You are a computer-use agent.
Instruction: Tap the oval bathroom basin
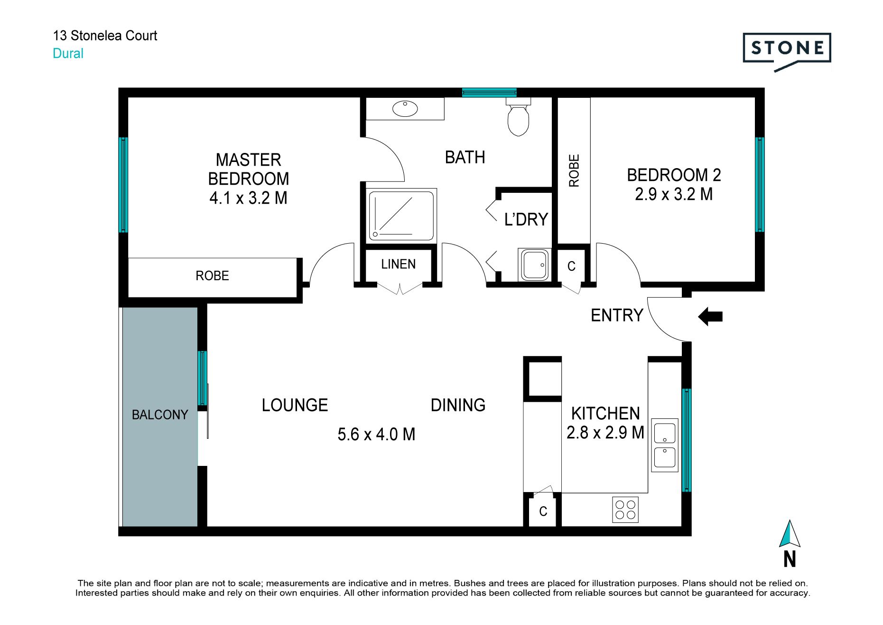(405, 109)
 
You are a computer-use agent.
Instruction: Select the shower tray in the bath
(401, 215)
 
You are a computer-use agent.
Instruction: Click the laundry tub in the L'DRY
(535, 264)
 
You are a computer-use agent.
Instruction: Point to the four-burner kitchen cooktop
(625, 510)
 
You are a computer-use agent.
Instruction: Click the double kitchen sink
(665, 445)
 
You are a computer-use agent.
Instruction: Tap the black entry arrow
(710, 316)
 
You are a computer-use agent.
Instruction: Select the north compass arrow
(790, 533)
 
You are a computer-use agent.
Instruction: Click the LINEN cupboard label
(398, 264)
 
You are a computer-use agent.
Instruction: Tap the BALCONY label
(160, 415)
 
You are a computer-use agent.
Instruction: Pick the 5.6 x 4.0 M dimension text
(376, 434)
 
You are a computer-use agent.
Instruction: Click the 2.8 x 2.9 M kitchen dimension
(605, 432)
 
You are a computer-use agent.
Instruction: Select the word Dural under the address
(68, 53)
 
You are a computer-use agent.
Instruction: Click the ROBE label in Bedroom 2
(574, 170)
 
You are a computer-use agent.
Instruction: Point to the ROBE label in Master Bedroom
(212, 275)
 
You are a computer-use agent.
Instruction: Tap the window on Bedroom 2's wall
(760, 184)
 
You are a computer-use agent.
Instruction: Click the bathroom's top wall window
(489, 93)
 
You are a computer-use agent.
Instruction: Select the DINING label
(458, 405)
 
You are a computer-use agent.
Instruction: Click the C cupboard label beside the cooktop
(543, 511)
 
